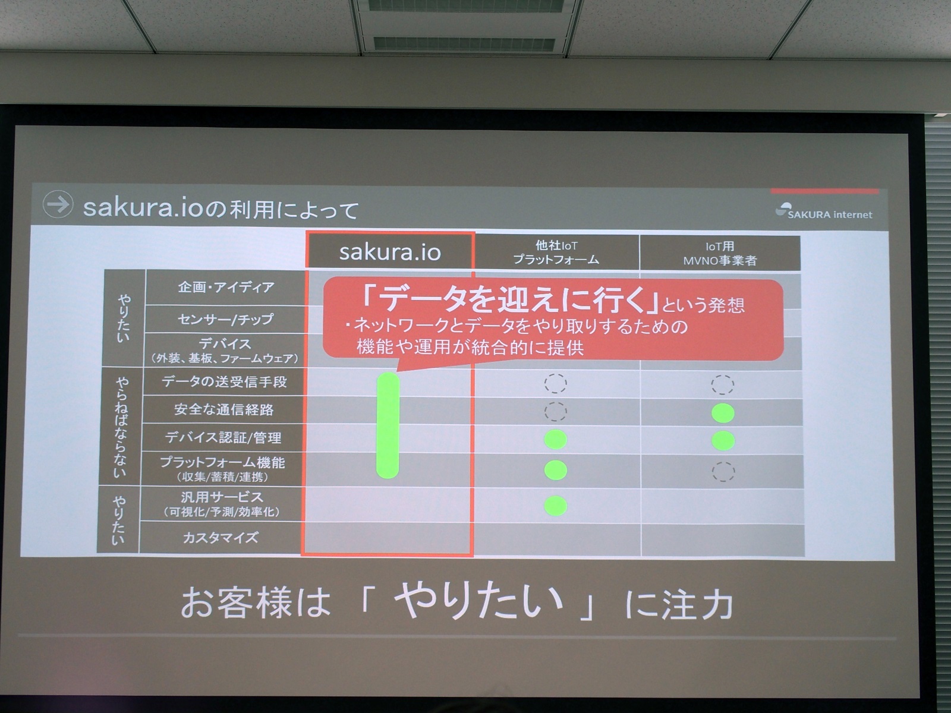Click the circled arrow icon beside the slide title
[x=58, y=204]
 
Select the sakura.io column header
[x=390, y=252]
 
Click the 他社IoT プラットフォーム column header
[x=556, y=253]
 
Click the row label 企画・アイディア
[x=226, y=288]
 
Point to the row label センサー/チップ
[x=226, y=320]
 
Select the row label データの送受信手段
[x=224, y=382]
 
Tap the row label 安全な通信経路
[x=224, y=410]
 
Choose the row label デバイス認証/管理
[x=223, y=438]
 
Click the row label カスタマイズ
[x=221, y=538]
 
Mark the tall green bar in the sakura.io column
[x=388, y=425]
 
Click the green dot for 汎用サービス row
[x=556, y=506]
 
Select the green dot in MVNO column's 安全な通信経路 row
[x=723, y=413]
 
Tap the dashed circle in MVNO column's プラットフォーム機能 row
[x=723, y=472]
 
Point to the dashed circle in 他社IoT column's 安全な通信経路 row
[x=556, y=411]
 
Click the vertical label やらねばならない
[x=121, y=427]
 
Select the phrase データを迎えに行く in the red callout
[x=511, y=299]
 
